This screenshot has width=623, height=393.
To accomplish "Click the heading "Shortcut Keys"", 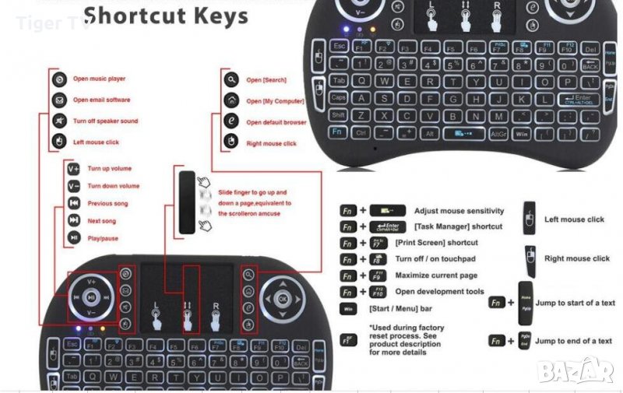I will [x=165, y=16].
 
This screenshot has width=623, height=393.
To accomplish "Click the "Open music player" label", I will [x=99, y=79].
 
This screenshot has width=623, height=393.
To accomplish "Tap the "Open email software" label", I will [x=101, y=100].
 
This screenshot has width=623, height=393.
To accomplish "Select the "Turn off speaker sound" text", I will [x=105, y=121].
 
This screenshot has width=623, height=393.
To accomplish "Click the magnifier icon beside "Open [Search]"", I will [x=231, y=79].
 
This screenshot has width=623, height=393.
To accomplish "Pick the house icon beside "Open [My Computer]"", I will [x=231, y=100].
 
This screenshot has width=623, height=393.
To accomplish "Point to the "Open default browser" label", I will [x=276, y=122].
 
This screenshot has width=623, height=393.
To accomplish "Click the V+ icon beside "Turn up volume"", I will [x=74, y=168].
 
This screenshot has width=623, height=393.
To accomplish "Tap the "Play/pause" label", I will [x=103, y=238].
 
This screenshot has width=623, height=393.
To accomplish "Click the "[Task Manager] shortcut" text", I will [x=458, y=226].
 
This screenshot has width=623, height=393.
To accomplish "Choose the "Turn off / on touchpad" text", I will [x=435, y=258].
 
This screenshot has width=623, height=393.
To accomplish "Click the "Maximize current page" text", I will [x=436, y=275].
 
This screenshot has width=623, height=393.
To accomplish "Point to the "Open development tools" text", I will [x=439, y=292].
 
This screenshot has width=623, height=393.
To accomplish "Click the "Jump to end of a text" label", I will [x=573, y=341].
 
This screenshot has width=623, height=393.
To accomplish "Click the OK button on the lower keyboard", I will [x=282, y=297].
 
